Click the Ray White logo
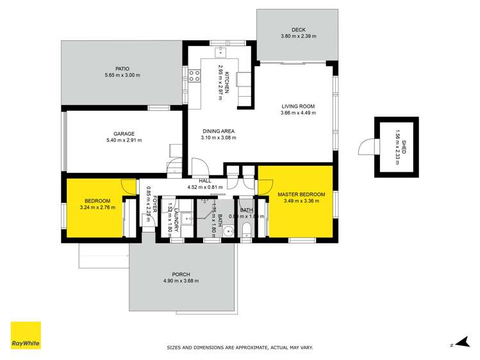tap(26, 336)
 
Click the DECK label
tap(298, 29)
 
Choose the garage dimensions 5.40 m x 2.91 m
tap(124, 140)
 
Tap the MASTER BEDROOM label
tap(301, 194)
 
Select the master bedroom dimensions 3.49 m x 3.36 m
tap(301, 201)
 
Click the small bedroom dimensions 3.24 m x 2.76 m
tap(96, 208)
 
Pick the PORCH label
tap(181, 274)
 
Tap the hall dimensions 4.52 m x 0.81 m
tap(204, 187)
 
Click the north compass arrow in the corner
tap(456, 345)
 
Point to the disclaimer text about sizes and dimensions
tap(240, 347)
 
